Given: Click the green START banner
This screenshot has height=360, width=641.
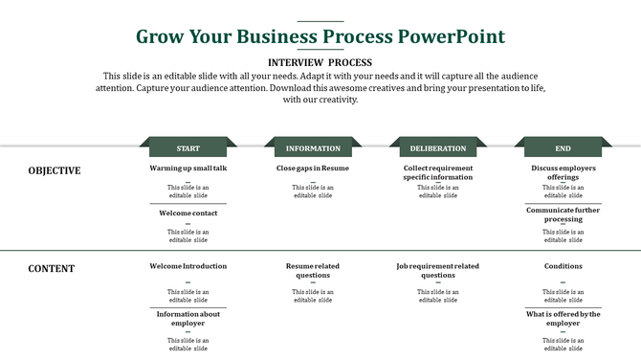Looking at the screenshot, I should (188, 148).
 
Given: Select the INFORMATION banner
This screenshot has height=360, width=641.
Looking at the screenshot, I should (313, 148).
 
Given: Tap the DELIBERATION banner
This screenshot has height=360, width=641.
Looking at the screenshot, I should (438, 148).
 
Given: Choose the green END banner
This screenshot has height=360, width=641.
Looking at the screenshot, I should (563, 148).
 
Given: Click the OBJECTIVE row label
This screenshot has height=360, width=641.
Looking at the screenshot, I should (55, 171).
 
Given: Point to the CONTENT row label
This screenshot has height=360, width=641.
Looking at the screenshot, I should (52, 269).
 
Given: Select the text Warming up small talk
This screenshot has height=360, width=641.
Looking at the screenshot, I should (188, 169).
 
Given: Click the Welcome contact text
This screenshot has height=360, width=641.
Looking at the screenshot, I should (188, 214).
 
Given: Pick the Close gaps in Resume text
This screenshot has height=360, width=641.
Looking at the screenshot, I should (313, 169).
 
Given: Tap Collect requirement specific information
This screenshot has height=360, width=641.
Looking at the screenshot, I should (438, 172).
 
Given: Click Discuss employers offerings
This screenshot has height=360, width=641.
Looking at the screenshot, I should (563, 172).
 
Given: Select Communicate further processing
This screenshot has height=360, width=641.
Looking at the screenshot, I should (563, 214).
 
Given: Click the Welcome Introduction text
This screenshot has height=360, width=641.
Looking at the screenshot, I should (188, 266).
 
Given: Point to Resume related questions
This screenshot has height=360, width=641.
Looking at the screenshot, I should (313, 270).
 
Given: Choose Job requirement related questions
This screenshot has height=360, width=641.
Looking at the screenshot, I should (438, 270).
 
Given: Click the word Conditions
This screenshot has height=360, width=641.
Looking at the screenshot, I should (563, 266).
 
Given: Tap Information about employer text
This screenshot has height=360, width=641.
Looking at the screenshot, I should (188, 318).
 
